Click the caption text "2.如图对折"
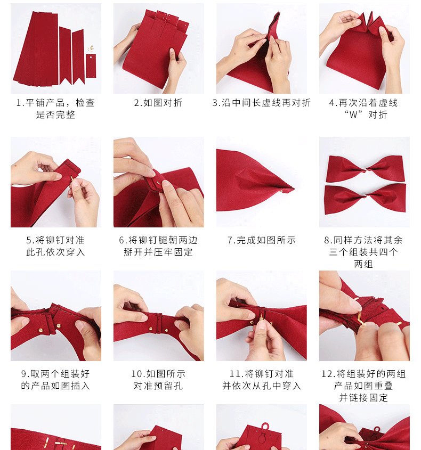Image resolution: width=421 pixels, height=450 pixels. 158,103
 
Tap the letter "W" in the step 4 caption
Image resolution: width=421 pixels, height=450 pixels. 364,114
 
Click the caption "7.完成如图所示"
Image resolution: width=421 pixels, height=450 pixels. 261,240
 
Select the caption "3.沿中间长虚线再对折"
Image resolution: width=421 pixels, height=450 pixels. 261,103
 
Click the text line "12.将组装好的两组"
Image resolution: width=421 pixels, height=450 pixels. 364,374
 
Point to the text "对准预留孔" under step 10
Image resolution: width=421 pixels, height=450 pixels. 158,386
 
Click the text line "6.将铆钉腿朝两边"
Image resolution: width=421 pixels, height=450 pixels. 158,240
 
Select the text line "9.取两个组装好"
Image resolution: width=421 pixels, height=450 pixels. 55,374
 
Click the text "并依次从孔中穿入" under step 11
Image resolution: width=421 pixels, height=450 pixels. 261,386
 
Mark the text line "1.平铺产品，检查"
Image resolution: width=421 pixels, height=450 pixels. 55,103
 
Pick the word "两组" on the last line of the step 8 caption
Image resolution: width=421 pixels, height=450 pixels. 363,264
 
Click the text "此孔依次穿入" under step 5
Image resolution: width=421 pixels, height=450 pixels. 55,252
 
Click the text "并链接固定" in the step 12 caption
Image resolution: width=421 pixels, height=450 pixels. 363,397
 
